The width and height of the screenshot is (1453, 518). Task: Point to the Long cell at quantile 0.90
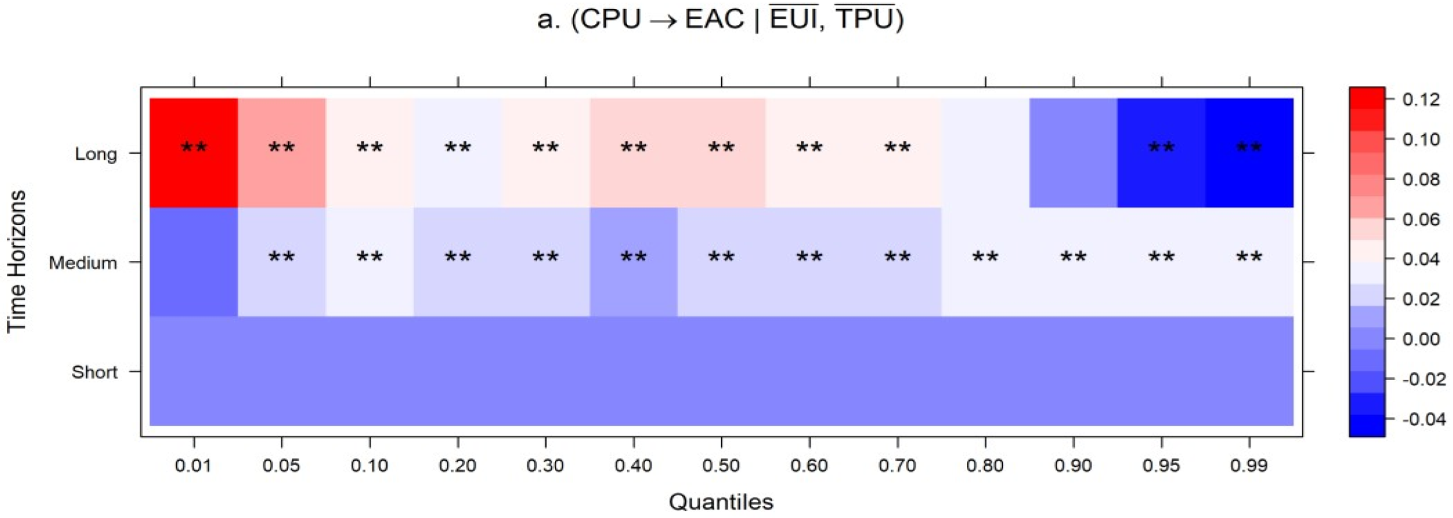pyautogui.click(x=1073, y=152)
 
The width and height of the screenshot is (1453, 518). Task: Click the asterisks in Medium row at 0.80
pyautogui.click(x=985, y=258)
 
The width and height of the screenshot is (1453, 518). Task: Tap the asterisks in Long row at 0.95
pyautogui.click(x=1161, y=148)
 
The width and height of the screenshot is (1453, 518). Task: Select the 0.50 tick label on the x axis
pyautogui.click(x=721, y=465)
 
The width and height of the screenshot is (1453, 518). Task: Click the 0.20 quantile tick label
pyautogui.click(x=457, y=465)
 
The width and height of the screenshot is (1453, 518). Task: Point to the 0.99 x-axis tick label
pyautogui.click(x=1249, y=465)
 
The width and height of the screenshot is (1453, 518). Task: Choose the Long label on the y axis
pyautogui.click(x=96, y=154)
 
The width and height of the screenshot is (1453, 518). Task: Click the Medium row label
pyautogui.click(x=83, y=263)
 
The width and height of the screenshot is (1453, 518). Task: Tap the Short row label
pyautogui.click(x=95, y=372)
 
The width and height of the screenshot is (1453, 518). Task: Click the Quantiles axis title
pyautogui.click(x=721, y=502)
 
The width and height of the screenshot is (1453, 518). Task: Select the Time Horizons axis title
pyautogui.click(x=17, y=262)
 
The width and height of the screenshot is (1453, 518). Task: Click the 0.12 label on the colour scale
pyautogui.click(x=1421, y=100)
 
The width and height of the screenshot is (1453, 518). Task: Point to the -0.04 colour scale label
pyautogui.click(x=1423, y=420)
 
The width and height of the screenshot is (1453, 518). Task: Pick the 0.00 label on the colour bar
pyautogui.click(x=1421, y=339)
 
